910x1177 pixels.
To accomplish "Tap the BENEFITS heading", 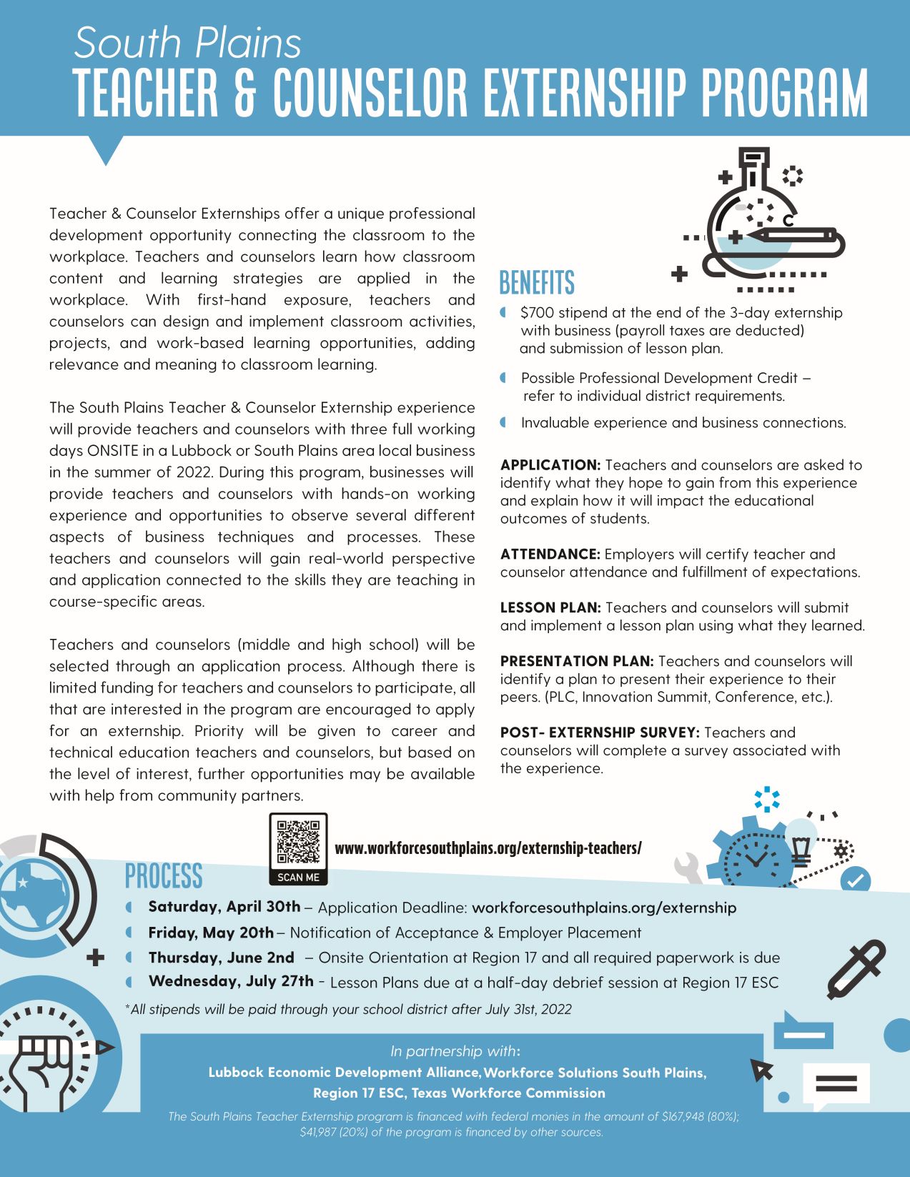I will pyautogui.click(x=537, y=283).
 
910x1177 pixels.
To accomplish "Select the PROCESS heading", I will pyautogui.click(x=164, y=876).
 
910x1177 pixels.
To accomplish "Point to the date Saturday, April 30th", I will pyautogui.click(x=224, y=907).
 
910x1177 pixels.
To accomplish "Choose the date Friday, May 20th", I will pyautogui.click(x=210, y=933).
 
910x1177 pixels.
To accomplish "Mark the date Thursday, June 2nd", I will pyautogui.click(x=221, y=958).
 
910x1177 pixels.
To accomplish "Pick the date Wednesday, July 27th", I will pyautogui.click(x=230, y=981).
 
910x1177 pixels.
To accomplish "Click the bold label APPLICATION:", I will pyautogui.click(x=550, y=465).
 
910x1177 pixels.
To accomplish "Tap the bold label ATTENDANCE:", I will pyautogui.click(x=550, y=555).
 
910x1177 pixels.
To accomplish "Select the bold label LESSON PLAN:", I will pyautogui.click(x=550, y=608).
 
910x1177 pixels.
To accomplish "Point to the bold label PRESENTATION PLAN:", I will pyautogui.click(x=577, y=662).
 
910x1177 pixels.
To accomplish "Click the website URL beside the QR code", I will pyautogui.click(x=488, y=848).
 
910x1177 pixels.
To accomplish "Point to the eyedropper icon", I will pyautogui.click(x=856, y=969).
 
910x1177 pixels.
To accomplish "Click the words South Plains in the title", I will pyautogui.click(x=187, y=43).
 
